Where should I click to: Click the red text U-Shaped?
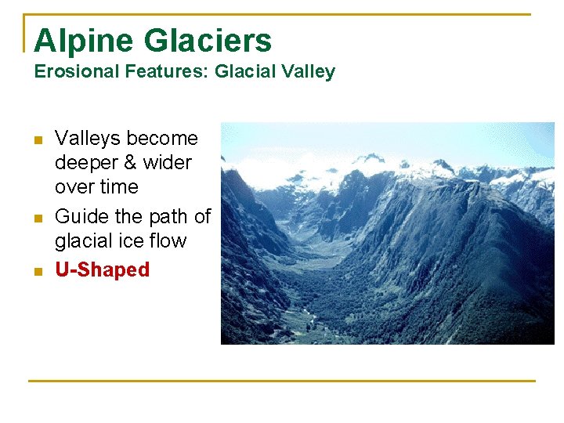(x=102, y=269)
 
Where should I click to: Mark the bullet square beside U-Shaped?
(x=36, y=272)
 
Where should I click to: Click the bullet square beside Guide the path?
(x=36, y=218)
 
